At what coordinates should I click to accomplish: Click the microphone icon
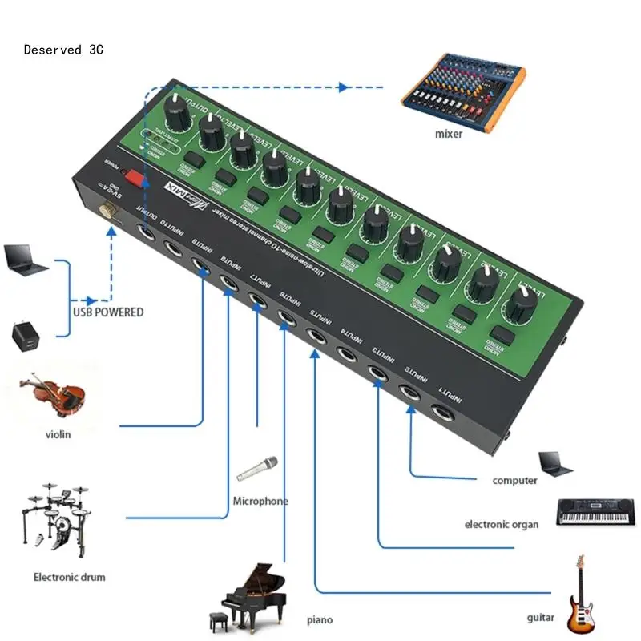(x=257, y=469)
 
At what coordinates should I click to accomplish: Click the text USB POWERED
(x=107, y=312)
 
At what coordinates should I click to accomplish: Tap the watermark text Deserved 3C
(x=63, y=50)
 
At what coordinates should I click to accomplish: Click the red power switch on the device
(x=138, y=177)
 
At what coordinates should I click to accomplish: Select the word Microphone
(x=260, y=502)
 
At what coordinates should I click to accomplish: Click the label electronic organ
(x=502, y=524)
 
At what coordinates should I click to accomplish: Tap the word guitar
(x=542, y=618)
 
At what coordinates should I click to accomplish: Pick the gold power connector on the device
(x=106, y=211)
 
